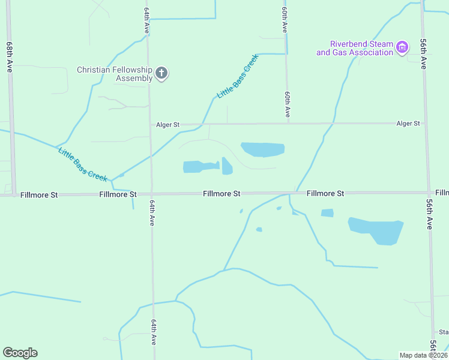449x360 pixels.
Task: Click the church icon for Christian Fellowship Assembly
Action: (161, 73)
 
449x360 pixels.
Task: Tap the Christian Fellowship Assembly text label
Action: (114, 74)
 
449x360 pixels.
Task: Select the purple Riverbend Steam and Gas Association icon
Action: (403, 47)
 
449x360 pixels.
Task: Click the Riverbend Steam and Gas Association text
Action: (355, 48)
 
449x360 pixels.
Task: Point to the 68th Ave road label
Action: (10, 58)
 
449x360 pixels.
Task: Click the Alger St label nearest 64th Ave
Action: (168, 125)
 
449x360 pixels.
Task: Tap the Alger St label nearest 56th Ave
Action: (408, 124)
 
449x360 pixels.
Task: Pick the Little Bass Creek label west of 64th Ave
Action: (82, 163)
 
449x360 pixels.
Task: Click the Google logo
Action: (20, 353)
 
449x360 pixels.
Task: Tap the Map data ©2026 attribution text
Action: (423, 355)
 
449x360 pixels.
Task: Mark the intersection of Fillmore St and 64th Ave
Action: (151, 194)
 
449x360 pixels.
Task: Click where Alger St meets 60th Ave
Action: (288, 124)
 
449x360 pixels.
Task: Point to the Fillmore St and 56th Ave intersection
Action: (429, 193)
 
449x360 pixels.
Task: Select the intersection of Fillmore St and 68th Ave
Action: (13, 195)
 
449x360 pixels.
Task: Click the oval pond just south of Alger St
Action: (262, 149)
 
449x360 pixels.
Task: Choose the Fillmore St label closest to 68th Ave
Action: (39, 195)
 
